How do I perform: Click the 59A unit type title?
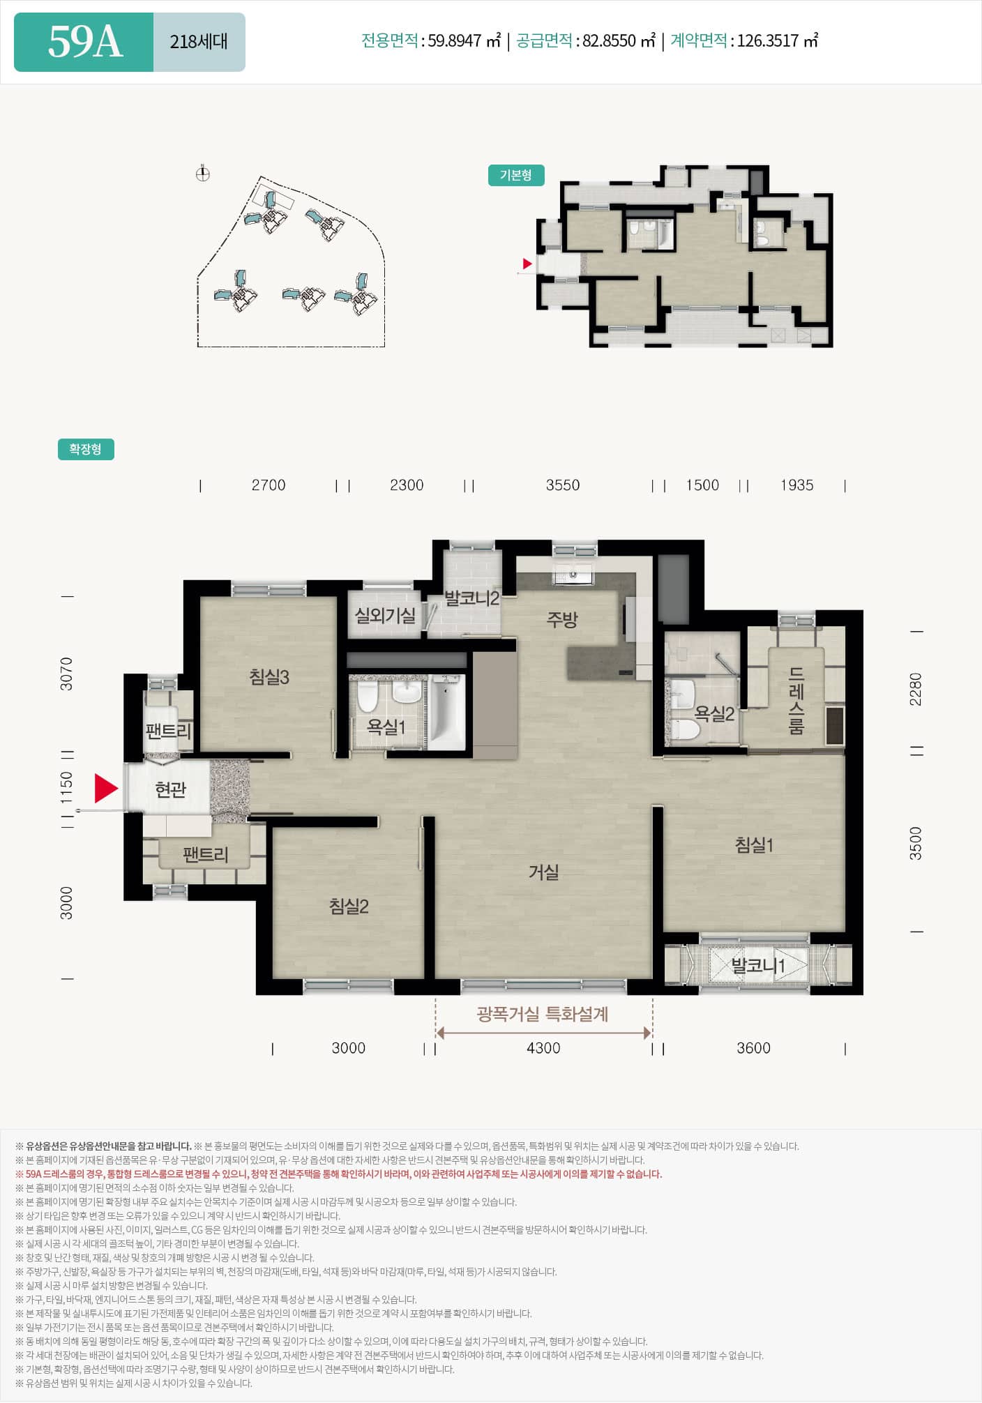pos(85,42)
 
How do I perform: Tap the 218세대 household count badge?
pos(199,42)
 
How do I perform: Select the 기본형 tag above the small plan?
pos(516,175)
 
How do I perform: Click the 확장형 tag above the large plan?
pos(86,449)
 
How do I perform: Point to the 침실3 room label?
pos(269,676)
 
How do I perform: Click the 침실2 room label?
pos(349,906)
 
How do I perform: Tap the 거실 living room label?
pos(543,872)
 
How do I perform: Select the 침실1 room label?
pos(754,845)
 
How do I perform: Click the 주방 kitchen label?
pos(562,619)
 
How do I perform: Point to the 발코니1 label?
pos(758,965)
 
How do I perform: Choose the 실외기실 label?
pos(385,615)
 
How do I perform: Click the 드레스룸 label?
pos(796,701)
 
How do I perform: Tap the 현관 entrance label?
pos(170,789)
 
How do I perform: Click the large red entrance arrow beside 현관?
pos(106,788)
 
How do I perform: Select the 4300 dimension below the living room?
pos(543,1048)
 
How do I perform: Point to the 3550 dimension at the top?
pos(563,485)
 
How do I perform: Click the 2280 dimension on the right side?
pos(916,689)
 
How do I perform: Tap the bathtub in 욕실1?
pos(446,711)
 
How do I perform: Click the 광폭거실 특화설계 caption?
pos(543,1014)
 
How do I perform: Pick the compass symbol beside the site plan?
pos(203,174)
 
